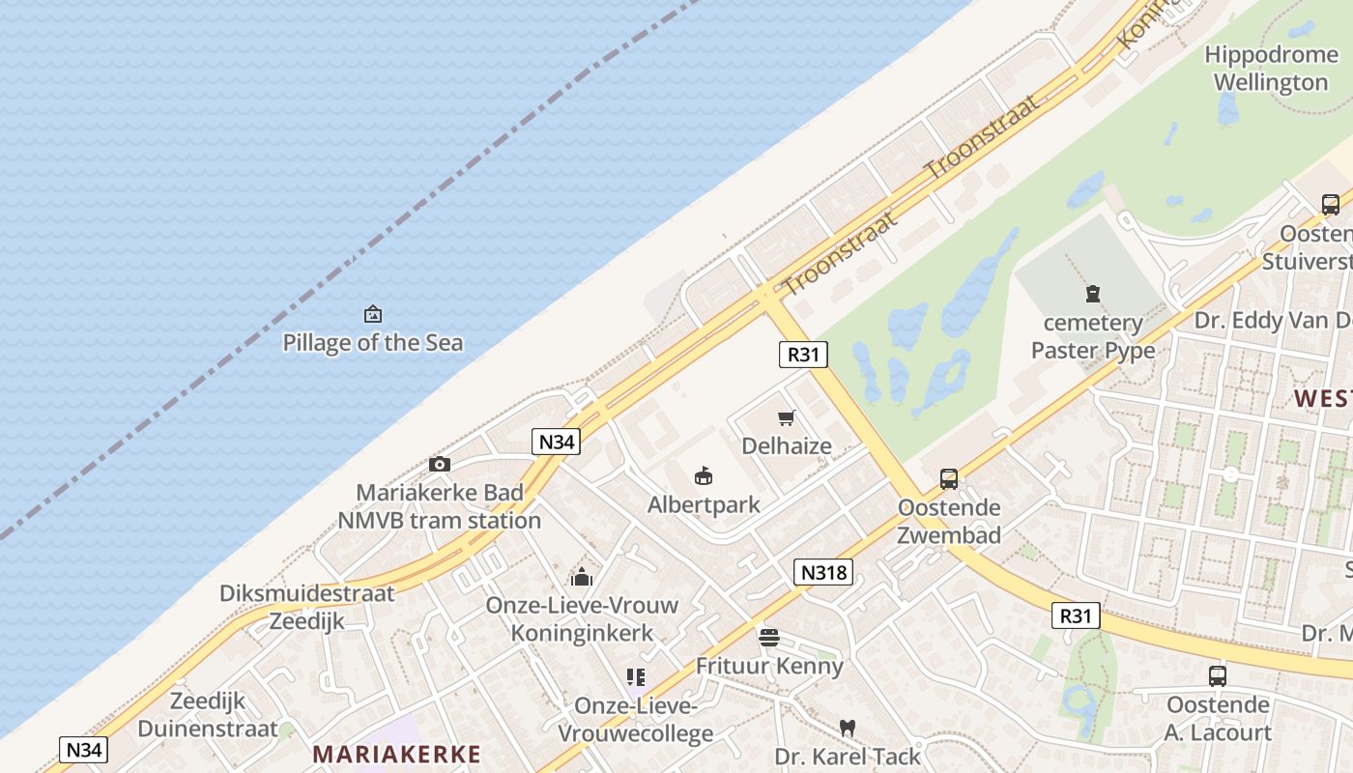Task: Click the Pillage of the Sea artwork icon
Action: [372, 314]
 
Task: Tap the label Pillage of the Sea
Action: [372, 343]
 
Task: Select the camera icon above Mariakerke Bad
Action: [440, 465]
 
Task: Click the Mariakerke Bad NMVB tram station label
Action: [440, 506]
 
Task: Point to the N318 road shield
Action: [823, 572]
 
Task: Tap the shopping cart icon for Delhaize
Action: [786, 418]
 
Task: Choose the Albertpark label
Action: [704, 504]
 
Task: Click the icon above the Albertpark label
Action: [704, 476]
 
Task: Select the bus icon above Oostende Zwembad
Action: [949, 479]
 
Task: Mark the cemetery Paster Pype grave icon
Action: [1093, 294]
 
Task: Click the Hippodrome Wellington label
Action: [1271, 68]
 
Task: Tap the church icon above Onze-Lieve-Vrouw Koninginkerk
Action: [582, 578]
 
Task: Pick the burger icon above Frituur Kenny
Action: [769, 638]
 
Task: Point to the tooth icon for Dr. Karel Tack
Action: [848, 728]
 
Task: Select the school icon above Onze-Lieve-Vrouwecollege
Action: [635, 677]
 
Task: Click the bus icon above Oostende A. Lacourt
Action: [1218, 676]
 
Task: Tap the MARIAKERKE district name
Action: [397, 754]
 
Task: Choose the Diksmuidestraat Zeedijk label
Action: [307, 607]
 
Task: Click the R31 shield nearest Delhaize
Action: [803, 355]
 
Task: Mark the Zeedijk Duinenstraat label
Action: [208, 715]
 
